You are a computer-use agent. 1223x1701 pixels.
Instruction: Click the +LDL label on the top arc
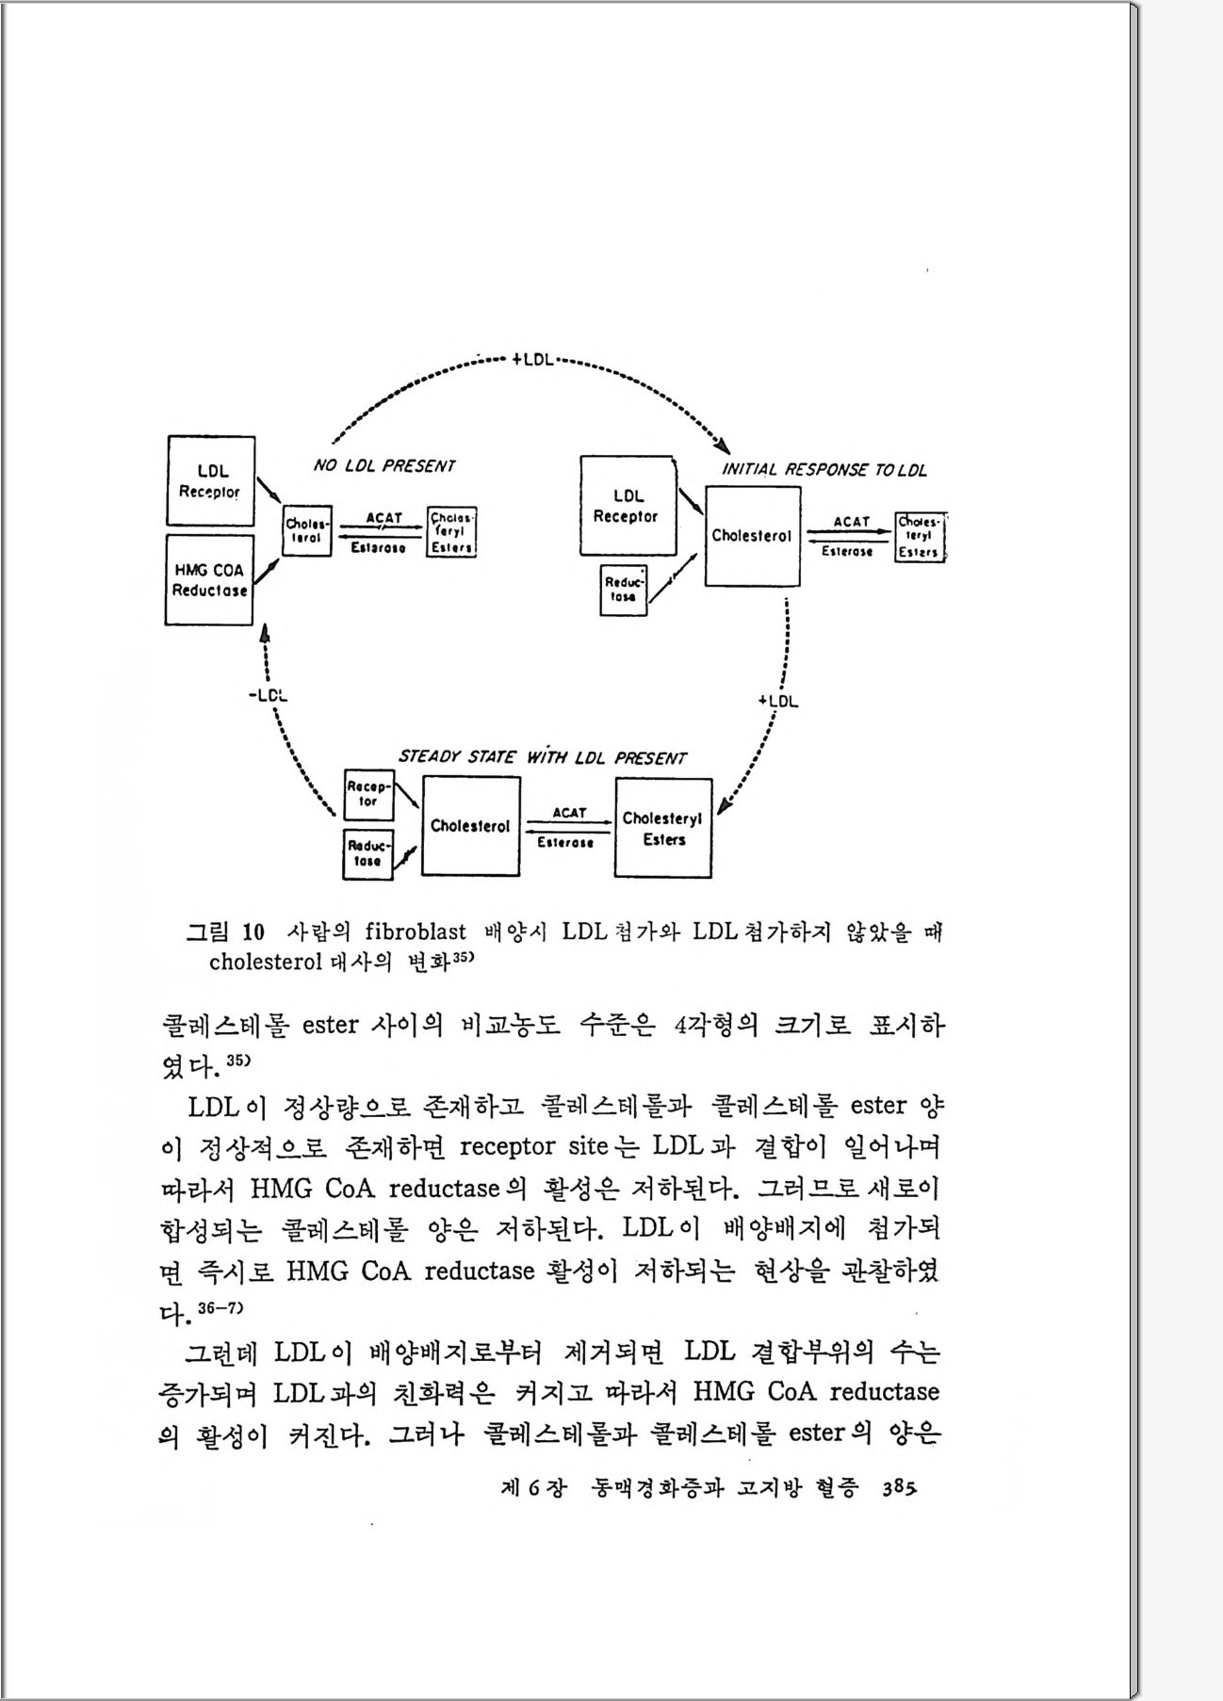tap(533, 359)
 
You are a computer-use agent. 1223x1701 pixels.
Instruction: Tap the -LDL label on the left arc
tap(269, 696)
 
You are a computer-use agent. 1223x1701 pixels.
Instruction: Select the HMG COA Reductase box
tap(209, 580)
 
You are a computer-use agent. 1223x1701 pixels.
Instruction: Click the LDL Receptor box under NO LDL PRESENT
tap(210, 480)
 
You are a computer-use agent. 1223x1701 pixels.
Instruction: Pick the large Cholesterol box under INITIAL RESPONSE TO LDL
tap(752, 536)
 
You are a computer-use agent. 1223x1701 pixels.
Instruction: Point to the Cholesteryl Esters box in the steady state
tap(662, 829)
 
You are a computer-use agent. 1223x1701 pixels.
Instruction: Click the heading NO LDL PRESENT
tap(383, 466)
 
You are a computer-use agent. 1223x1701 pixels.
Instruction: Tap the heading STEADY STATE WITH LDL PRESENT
tap(542, 757)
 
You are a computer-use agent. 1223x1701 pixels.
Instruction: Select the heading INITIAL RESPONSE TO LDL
tap(823, 469)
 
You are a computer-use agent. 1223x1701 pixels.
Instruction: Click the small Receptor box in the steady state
tap(368, 794)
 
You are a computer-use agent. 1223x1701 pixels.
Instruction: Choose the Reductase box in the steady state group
tap(367, 853)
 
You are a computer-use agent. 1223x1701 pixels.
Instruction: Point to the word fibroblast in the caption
tap(416, 932)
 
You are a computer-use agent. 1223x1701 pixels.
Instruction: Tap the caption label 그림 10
tap(225, 932)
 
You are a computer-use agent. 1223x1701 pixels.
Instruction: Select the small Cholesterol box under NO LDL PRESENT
tap(307, 531)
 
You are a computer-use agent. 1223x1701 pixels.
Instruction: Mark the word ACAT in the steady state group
tap(569, 812)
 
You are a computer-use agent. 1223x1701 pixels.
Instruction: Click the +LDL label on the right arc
tap(778, 701)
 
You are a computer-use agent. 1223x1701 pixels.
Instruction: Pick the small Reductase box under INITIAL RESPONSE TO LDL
tap(624, 590)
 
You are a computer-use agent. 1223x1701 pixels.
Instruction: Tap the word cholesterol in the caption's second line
tap(265, 963)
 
